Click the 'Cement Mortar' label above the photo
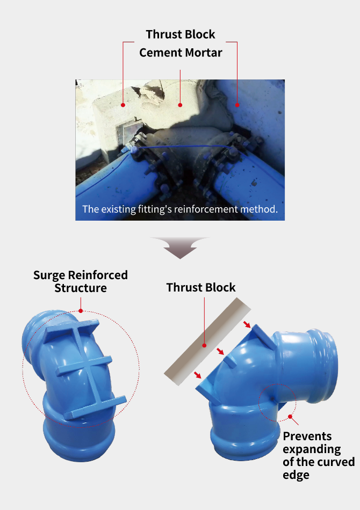pyautogui.click(x=181, y=53)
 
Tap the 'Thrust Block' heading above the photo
pyautogui.click(x=181, y=34)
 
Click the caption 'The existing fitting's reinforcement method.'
pyautogui.click(x=180, y=209)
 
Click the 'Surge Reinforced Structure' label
pyautogui.click(x=81, y=281)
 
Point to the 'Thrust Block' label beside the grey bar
pyautogui.click(x=201, y=288)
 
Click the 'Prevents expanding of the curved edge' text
pyautogui.click(x=318, y=455)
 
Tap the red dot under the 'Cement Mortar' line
pyautogui.click(x=180, y=105)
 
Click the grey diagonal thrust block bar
pyautogui.click(x=207, y=341)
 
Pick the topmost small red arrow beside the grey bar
pyautogui.click(x=247, y=324)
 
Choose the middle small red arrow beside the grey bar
pyautogui.click(x=220, y=351)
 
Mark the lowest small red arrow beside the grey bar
pyautogui.click(x=198, y=375)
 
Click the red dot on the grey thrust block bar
pyautogui.click(x=204, y=345)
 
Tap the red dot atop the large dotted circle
pyautogui.click(x=81, y=311)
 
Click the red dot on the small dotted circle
pyautogui.click(x=290, y=417)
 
